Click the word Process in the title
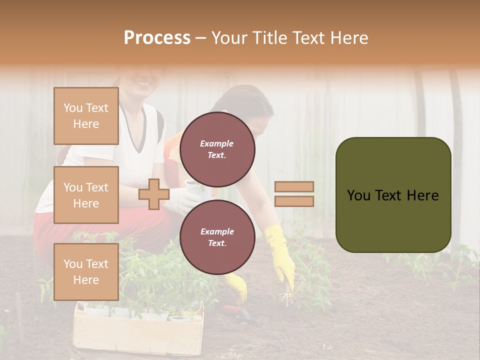157,38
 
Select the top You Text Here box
86,116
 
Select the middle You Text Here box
86,195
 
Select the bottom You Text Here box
86,271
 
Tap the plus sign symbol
154,194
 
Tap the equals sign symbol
294,194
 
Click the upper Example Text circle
217,149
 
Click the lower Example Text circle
217,237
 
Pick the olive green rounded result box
393,195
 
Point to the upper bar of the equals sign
294,187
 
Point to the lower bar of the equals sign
294,201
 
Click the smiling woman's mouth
143,82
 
